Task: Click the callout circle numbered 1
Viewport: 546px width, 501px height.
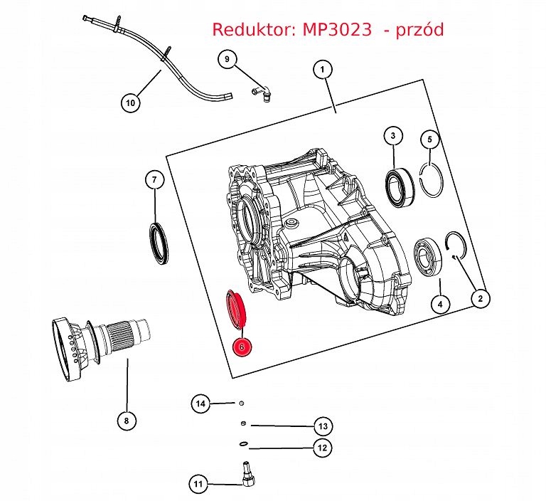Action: pos(322,69)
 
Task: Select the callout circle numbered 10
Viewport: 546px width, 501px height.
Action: pos(130,102)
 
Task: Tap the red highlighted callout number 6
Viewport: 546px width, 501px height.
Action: pos(242,347)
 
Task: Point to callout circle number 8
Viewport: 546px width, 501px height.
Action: pos(126,420)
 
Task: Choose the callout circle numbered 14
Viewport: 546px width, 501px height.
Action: pos(201,404)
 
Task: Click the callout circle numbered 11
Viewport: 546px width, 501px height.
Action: pos(198,485)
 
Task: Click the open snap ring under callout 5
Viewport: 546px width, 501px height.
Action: pos(431,181)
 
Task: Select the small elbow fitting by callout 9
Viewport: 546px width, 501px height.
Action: pos(259,90)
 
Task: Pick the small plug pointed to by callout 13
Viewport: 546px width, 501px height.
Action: pos(244,425)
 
